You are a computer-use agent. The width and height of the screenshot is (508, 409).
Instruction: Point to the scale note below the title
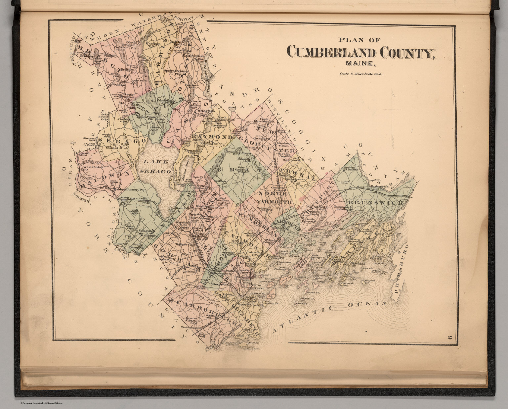[360, 75]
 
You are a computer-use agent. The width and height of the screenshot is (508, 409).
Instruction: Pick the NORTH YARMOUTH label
[275, 197]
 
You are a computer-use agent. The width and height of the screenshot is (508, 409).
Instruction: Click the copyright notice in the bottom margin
[41, 403]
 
